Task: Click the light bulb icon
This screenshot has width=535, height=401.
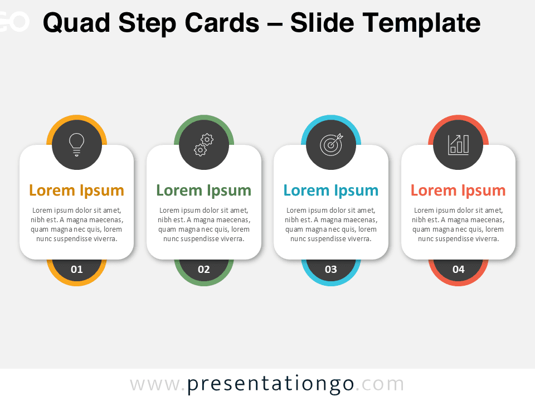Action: pyautogui.click(x=76, y=144)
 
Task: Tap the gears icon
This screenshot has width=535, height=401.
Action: pyautogui.click(x=204, y=144)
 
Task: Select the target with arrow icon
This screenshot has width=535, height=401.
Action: pyautogui.click(x=331, y=144)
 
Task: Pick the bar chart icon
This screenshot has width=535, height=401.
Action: pyautogui.click(x=458, y=144)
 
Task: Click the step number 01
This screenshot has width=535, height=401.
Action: pyautogui.click(x=76, y=270)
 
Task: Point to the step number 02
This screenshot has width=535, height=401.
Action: pyautogui.click(x=204, y=270)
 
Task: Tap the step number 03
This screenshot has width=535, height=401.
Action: pyautogui.click(x=331, y=270)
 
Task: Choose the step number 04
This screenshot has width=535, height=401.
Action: pyautogui.click(x=458, y=270)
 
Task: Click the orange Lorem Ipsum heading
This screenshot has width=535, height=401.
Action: pyautogui.click(x=76, y=190)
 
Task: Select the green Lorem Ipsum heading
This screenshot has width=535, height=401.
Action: pyautogui.click(x=204, y=190)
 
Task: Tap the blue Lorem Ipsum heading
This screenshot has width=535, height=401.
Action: pyautogui.click(x=331, y=190)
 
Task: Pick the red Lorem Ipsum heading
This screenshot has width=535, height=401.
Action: pyautogui.click(x=458, y=190)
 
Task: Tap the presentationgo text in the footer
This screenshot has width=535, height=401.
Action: pyautogui.click(x=270, y=384)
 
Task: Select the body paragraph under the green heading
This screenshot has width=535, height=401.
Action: pyautogui.click(x=204, y=224)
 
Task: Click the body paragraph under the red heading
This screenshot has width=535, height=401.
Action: pyautogui.click(x=458, y=224)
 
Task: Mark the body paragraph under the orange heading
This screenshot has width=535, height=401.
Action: pyautogui.click(x=76, y=224)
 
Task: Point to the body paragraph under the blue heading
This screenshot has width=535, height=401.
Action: pyautogui.click(x=331, y=224)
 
